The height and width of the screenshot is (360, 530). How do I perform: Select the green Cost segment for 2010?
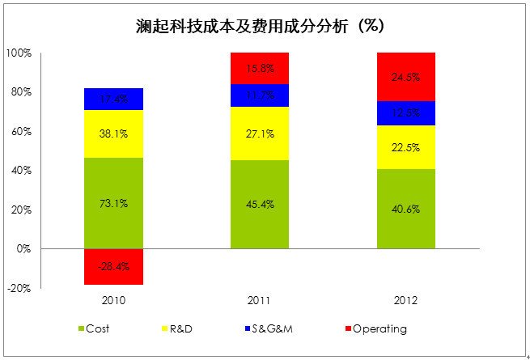tap(113, 203)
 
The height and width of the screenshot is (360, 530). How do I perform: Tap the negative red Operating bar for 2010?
tap(113, 266)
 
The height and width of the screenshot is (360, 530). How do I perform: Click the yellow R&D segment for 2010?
tap(113, 133)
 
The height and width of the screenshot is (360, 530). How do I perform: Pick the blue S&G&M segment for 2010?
tap(113, 99)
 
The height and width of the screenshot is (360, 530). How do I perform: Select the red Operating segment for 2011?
tap(259, 68)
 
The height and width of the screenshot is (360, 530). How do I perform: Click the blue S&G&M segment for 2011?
tap(259, 95)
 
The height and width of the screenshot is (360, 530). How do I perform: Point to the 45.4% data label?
tap(259, 204)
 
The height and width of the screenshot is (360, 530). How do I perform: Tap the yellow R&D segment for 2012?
tap(406, 147)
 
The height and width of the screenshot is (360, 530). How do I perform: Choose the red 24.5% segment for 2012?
tap(406, 77)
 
